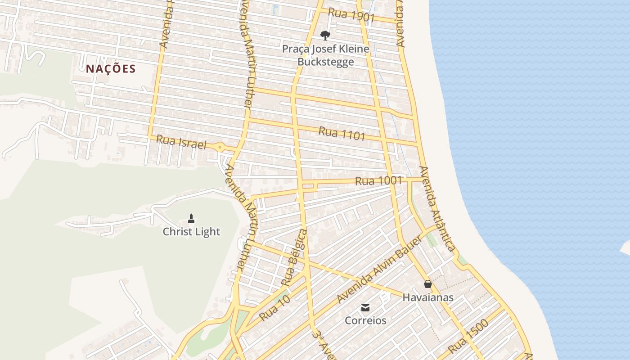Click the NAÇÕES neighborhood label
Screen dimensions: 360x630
click(x=111, y=69)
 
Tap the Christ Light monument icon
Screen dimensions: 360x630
click(x=191, y=219)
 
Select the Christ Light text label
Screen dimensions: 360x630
click(x=191, y=232)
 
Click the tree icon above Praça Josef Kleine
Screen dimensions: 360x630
click(x=325, y=35)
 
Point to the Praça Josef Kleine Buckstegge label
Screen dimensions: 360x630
click(x=325, y=55)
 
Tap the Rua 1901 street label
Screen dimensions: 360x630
click(x=351, y=16)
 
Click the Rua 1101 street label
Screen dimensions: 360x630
click(x=342, y=133)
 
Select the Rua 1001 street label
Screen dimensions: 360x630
click(x=378, y=181)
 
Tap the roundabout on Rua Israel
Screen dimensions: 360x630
click(x=220, y=147)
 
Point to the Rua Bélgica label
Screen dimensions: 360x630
click(x=294, y=257)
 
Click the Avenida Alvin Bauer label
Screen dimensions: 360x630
click(x=379, y=269)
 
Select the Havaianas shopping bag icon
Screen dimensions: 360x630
click(x=428, y=284)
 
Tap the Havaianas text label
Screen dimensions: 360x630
click(x=428, y=297)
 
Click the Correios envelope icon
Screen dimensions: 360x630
click(x=365, y=308)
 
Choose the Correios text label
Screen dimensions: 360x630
click(x=365, y=320)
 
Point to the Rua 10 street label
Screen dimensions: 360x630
click(x=274, y=308)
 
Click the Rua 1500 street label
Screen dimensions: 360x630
click(x=468, y=337)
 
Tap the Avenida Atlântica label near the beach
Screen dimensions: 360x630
click(x=436, y=208)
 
